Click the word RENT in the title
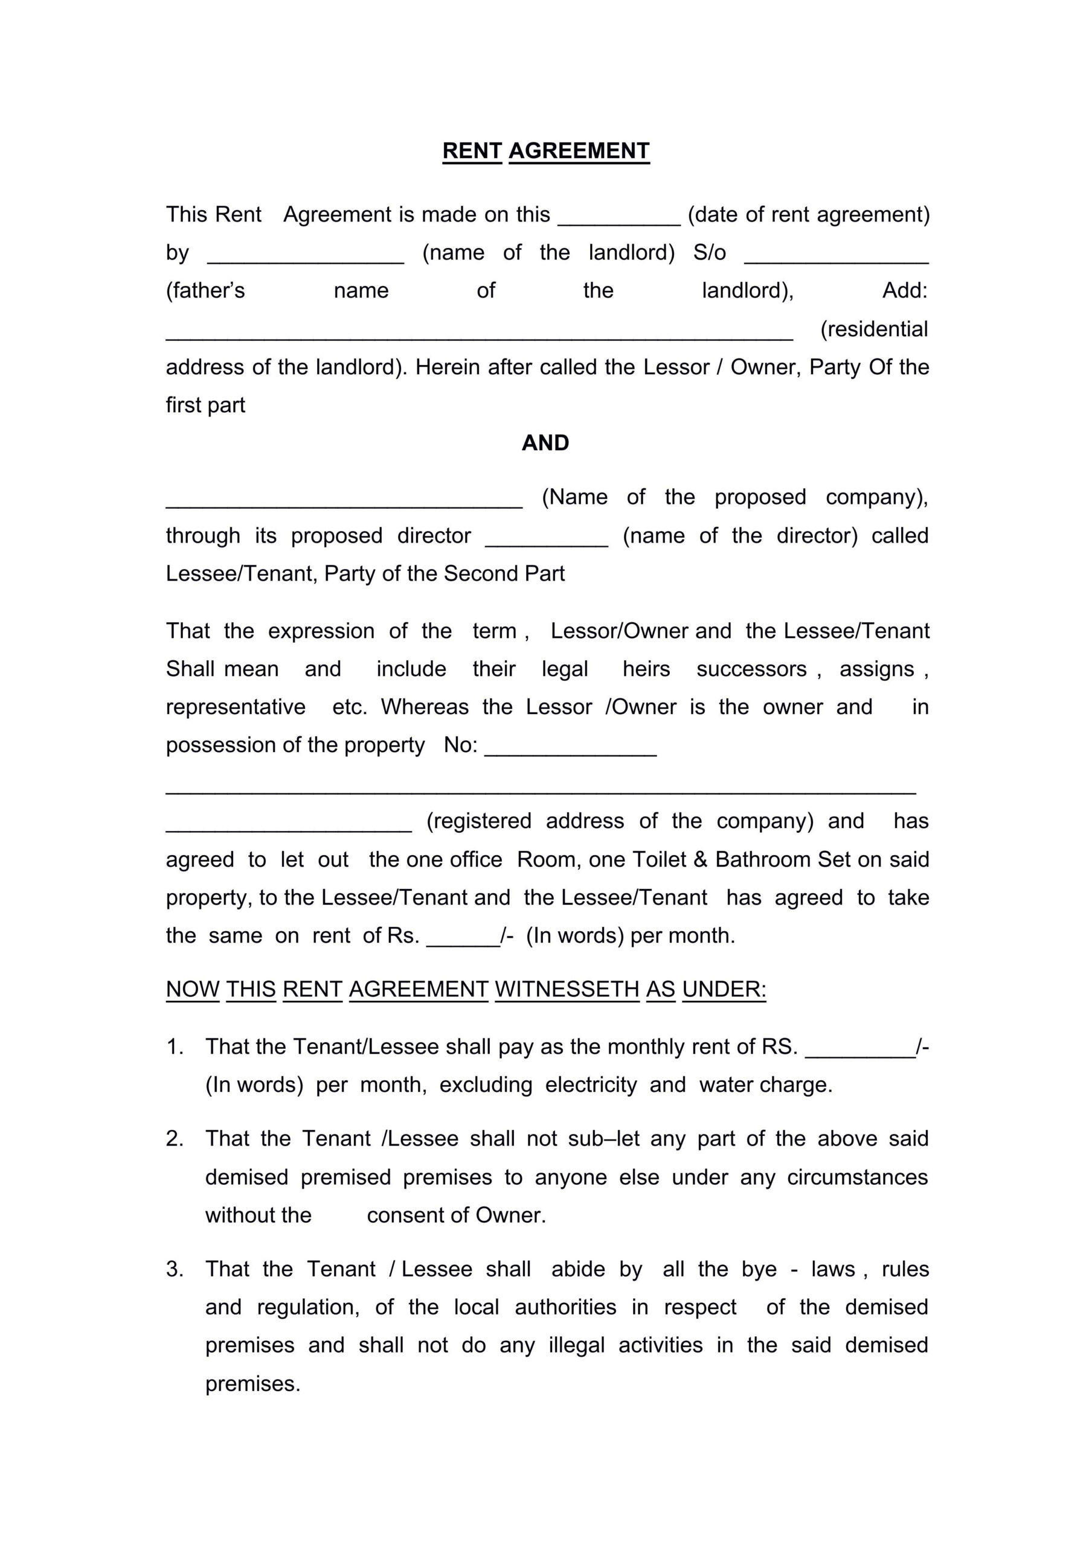pos(472,151)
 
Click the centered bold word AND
pos(545,443)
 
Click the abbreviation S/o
pos(710,253)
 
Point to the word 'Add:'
pos(905,291)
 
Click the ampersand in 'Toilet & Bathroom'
pos(700,860)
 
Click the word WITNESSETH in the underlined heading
pos(567,989)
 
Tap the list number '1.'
pos(175,1047)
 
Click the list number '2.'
pos(175,1139)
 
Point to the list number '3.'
pos(175,1269)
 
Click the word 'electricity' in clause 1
pos(591,1085)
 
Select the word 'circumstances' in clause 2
pos(857,1177)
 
